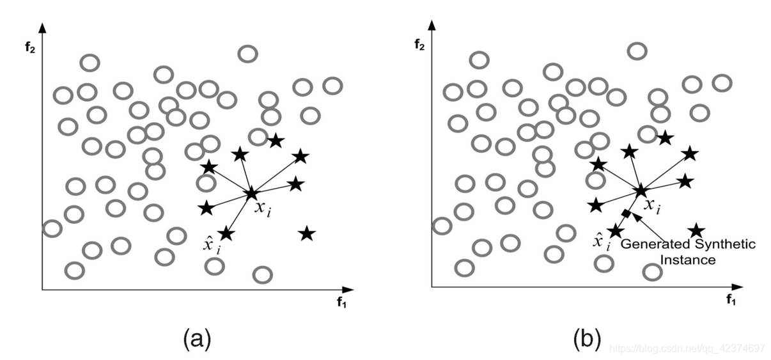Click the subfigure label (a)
196,337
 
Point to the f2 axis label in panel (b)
420,45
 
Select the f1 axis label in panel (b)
731,299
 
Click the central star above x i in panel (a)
251,192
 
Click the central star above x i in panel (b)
641,190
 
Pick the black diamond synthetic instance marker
626,213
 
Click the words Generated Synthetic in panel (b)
689,244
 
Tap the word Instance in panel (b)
688,260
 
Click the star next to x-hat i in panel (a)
226,233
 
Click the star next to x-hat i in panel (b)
616,230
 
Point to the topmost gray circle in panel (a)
247,54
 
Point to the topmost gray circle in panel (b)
637,51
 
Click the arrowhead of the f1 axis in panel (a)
349,290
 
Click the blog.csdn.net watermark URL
687,348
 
